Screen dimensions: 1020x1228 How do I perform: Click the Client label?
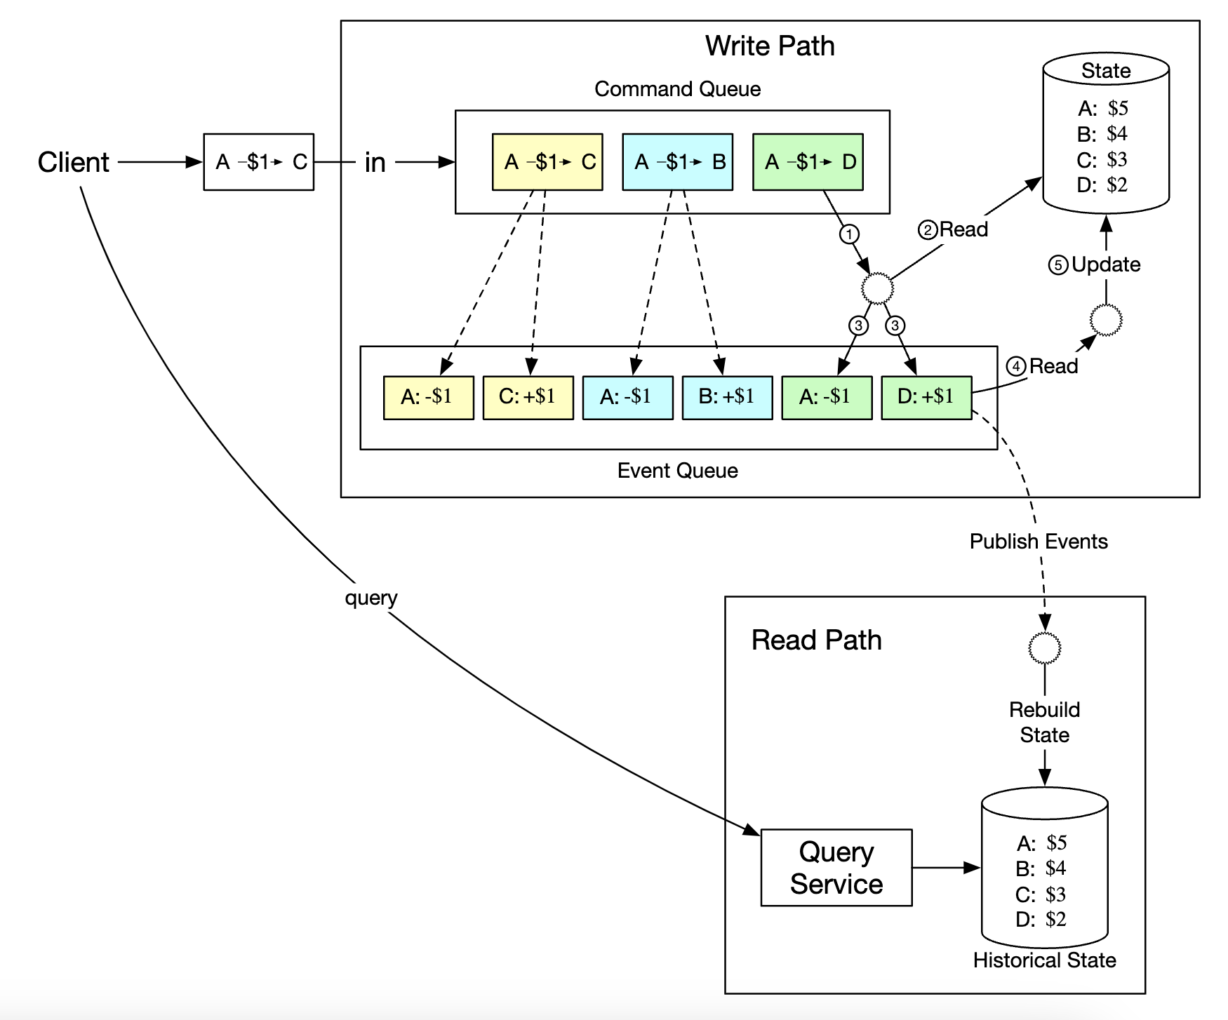(74, 162)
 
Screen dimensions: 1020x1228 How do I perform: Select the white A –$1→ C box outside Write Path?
(258, 162)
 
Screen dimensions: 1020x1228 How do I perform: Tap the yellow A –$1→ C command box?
(547, 162)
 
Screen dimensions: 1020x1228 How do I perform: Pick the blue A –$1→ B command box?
(677, 162)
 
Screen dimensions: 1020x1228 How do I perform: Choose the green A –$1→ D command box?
(808, 162)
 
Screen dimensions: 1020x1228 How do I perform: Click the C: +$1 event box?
(528, 397)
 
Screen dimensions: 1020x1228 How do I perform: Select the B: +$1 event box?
(727, 397)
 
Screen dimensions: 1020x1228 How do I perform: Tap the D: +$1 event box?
(926, 397)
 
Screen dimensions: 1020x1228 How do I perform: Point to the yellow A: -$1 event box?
(428, 397)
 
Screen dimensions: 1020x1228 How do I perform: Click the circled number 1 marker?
(849, 234)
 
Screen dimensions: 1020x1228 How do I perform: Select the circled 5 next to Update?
(1058, 265)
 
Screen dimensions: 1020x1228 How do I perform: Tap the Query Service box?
(836, 868)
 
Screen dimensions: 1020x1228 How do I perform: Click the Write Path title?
(770, 46)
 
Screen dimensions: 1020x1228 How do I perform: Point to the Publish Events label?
(1039, 542)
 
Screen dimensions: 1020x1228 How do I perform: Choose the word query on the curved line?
(371, 598)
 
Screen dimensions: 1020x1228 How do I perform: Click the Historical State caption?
(1044, 960)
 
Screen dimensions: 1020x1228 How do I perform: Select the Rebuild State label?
(1044, 723)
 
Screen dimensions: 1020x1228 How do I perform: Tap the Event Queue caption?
(677, 471)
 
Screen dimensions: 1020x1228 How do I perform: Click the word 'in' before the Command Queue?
(375, 163)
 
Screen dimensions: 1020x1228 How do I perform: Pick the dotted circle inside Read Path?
(1044, 647)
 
